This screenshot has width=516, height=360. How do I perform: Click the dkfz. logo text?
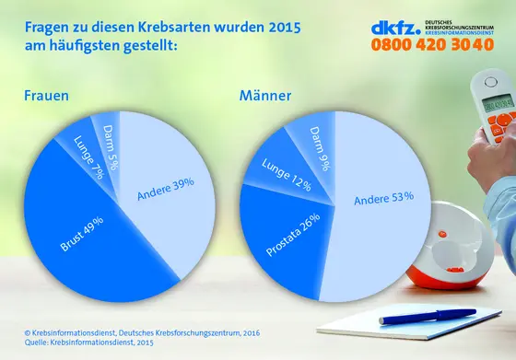tap(399, 27)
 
